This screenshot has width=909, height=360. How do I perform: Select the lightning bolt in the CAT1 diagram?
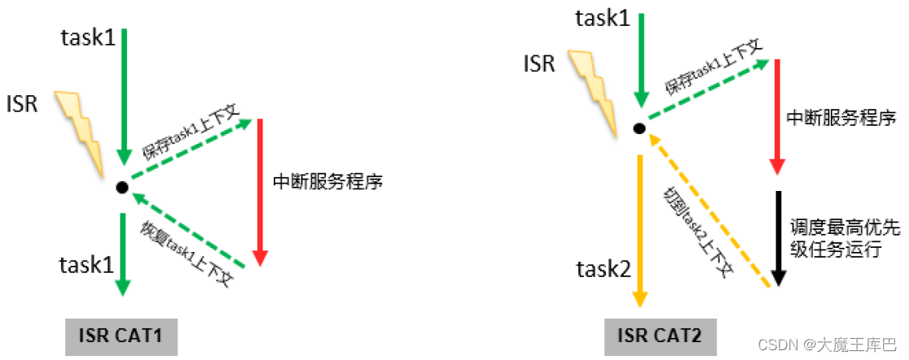tap(82, 133)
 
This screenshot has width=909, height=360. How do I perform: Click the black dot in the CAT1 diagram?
tap(122, 188)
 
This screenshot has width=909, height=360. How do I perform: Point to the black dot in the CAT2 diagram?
tap(639, 128)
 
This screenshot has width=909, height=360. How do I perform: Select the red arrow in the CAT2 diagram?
tap(778, 119)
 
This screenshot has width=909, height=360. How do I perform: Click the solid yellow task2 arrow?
tap(640, 228)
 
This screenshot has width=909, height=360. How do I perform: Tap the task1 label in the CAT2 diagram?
tap(602, 17)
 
